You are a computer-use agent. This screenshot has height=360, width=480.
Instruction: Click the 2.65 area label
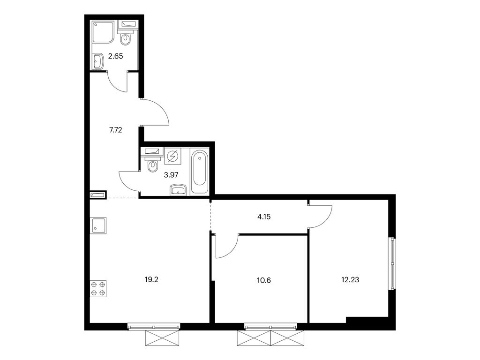tap(115, 56)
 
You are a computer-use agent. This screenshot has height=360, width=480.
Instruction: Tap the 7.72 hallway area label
tap(115, 130)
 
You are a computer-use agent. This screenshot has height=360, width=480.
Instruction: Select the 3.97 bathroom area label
tap(171, 175)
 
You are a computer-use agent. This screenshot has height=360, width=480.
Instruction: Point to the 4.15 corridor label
tap(264, 217)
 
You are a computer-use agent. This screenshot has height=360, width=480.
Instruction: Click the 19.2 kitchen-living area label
tap(151, 279)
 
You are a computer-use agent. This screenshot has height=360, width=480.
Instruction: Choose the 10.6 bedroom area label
tap(264, 280)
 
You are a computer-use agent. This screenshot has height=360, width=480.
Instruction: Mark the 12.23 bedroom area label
tap(350, 279)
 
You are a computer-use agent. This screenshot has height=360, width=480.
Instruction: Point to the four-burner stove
tap(98, 289)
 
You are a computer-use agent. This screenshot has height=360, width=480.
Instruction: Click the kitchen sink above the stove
tap(98, 225)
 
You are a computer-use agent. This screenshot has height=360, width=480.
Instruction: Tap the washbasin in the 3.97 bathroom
tap(178, 189)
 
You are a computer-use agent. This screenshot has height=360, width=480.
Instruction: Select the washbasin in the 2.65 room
tap(98, 61)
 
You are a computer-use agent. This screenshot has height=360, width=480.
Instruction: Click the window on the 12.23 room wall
tap(392, 263)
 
